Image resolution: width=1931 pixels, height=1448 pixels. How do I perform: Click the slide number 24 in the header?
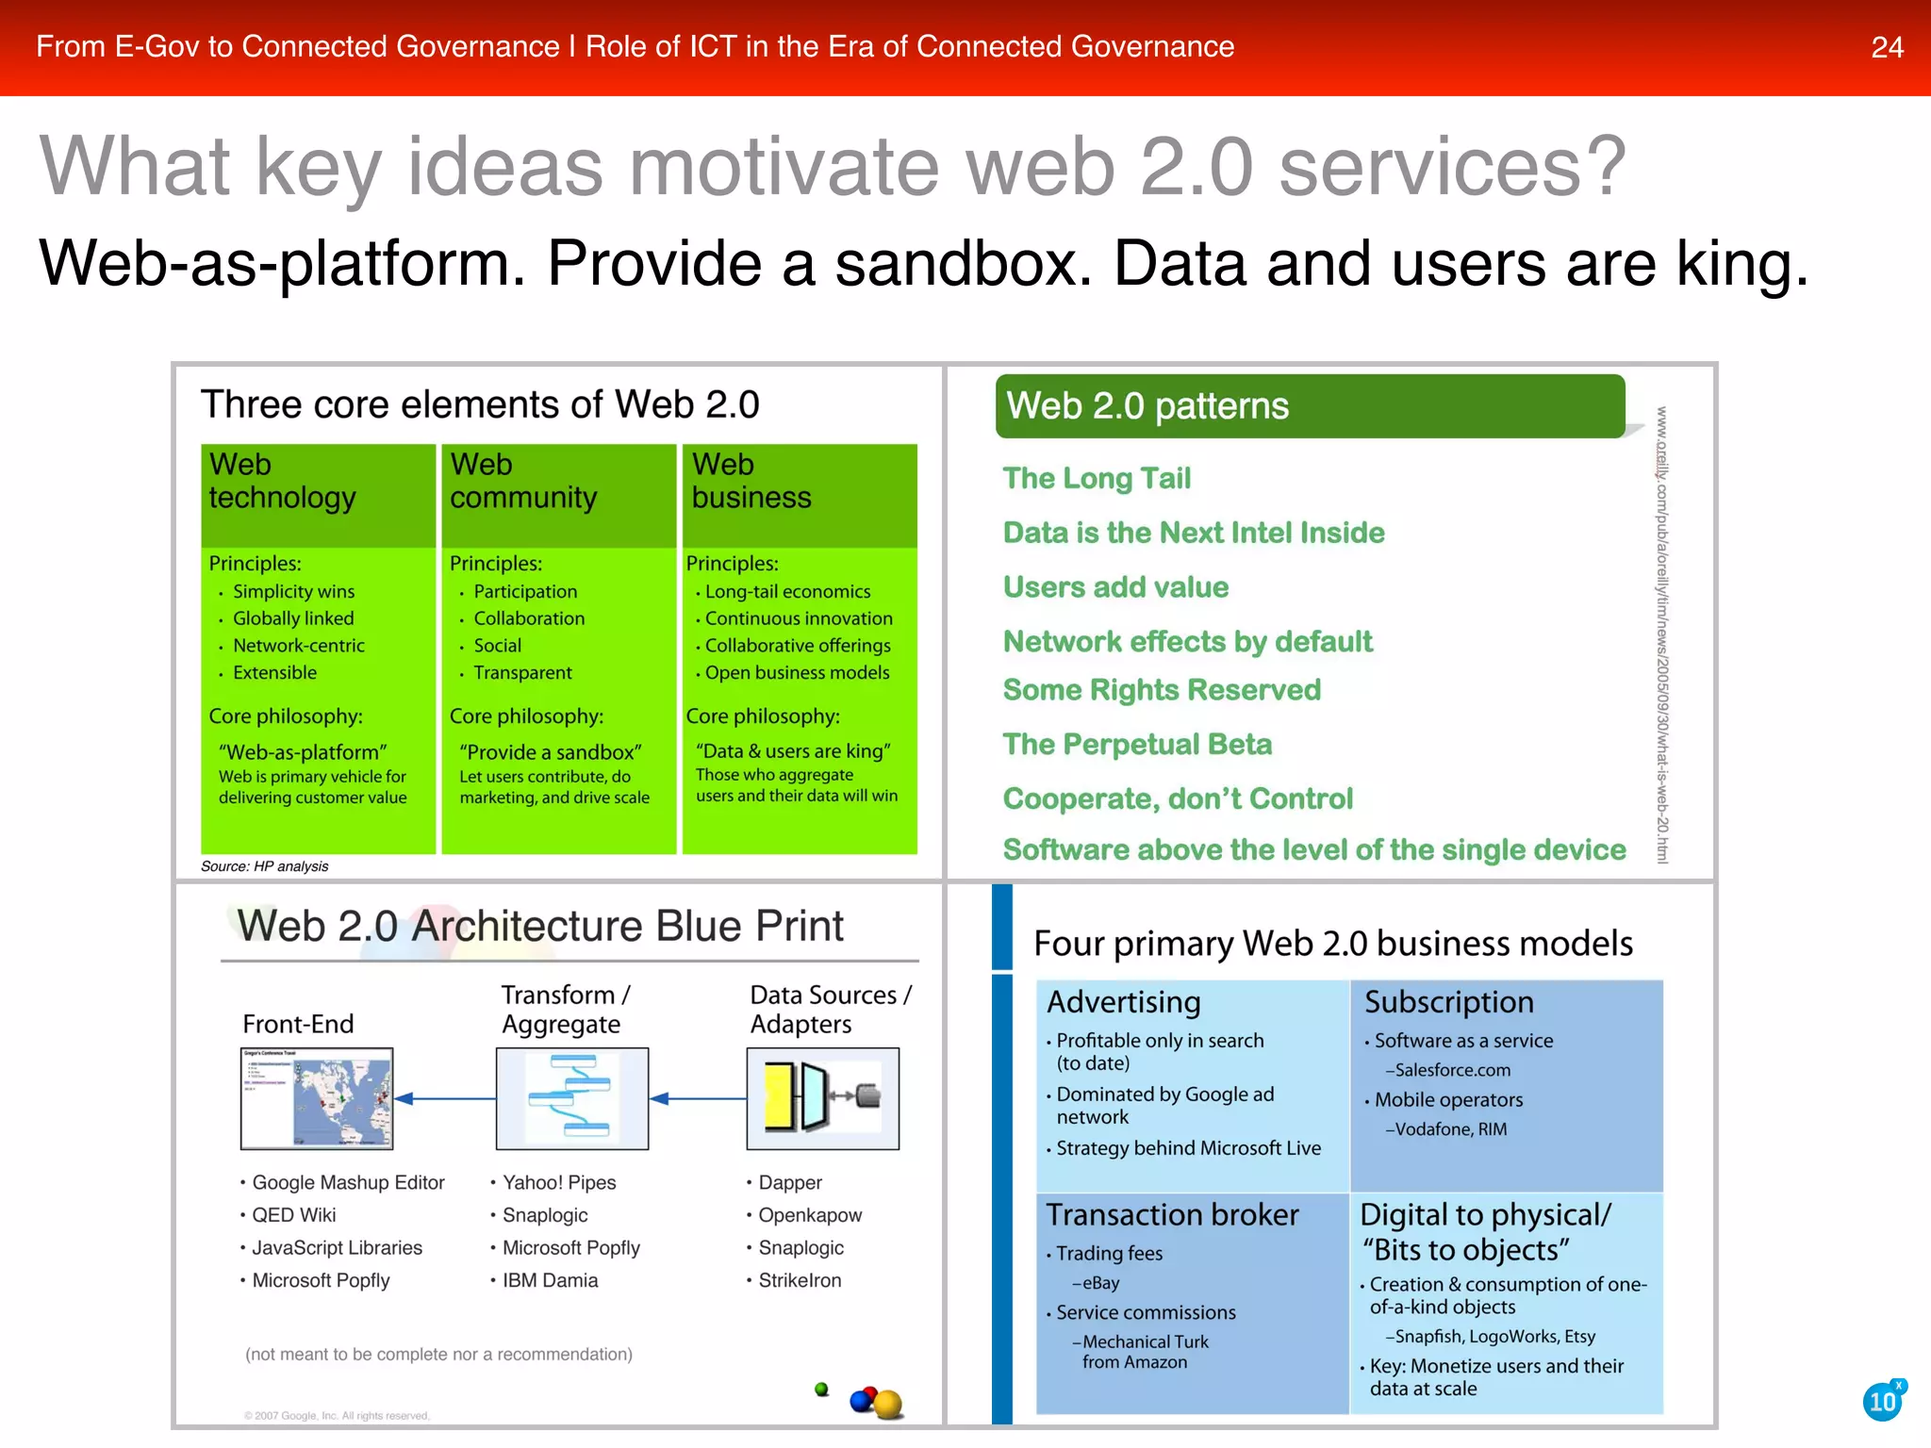pyautogui.click(x=1887, y=47)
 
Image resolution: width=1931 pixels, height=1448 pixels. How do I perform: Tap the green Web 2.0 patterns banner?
pyautogui.click(x=1309, y=406)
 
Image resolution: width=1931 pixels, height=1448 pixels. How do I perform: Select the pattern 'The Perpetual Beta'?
pyautogui.click(x=1137, y=745)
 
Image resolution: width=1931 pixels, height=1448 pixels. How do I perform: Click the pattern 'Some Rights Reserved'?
pyautogui.click(x=1162, y=690)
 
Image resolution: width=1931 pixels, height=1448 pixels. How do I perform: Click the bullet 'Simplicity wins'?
pyautogui.click(x=293, y=592)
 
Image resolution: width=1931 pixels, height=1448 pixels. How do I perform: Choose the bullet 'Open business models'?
pyautogui.click(x=797, y=673)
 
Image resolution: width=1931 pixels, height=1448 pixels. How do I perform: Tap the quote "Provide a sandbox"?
pyautogui.click(x=551, y=752)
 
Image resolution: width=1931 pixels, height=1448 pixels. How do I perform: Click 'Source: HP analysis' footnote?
pyautogui.click(x=265, y=866)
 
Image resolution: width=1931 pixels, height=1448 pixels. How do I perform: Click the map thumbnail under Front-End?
pyautogui.click(x=317, y=1098)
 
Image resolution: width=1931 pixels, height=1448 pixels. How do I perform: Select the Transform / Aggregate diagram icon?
pyautogui.click(x=572, y=1098)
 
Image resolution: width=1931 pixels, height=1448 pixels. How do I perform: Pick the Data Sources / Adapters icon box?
pyautogui.click(x=822, y=1098)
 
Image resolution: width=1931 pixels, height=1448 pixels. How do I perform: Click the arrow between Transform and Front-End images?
pyautogui.click(x=444, y=1098)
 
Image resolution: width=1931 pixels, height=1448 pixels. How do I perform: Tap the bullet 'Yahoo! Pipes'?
pyautogui.click(x=558, y=1183)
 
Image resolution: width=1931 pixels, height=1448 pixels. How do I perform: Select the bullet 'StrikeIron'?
pyautogui.click(x=800, y=1281)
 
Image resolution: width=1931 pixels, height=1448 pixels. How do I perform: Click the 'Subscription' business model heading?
pyautogui.click(x=1448, y=1002)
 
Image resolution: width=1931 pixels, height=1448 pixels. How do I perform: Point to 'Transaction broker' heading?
pyautogui.click(x=1172, y=1215)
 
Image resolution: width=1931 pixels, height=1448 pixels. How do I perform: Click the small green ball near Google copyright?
pyautogui.click(x=821, y=1389)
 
